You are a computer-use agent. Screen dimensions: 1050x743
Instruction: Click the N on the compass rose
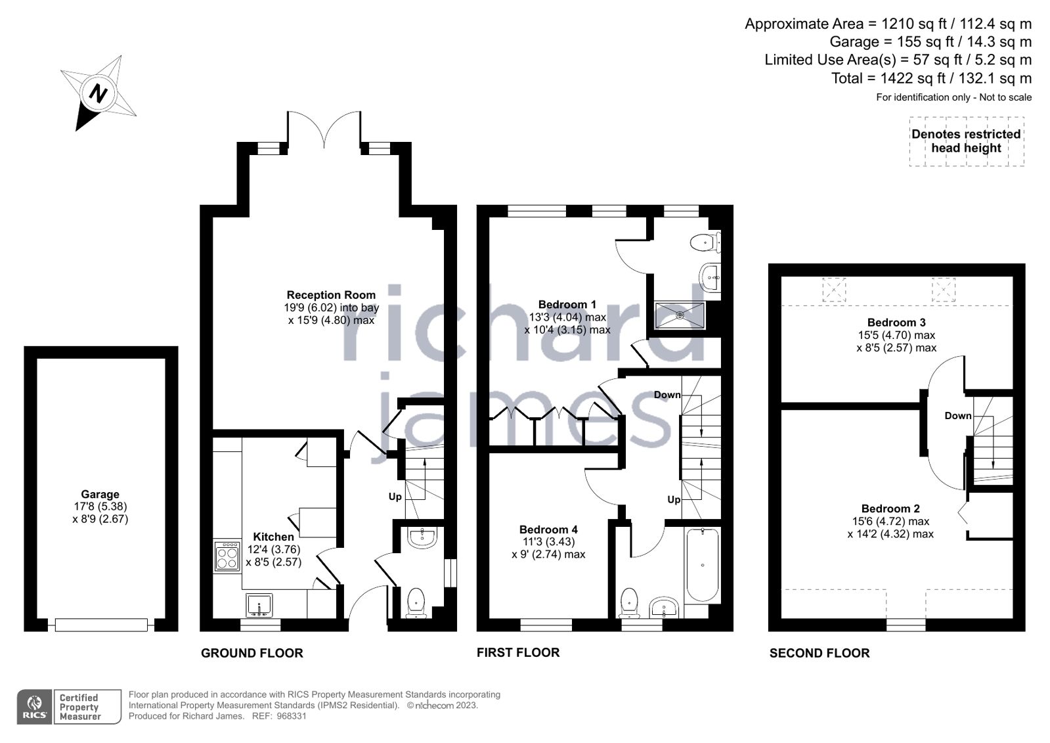[x=98, y=93]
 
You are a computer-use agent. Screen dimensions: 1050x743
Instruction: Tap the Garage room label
[x=100, y=494]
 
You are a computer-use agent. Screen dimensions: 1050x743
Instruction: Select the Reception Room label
[x=331, y=294]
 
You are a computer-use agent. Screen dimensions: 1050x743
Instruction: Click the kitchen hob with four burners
[x=227, y=556]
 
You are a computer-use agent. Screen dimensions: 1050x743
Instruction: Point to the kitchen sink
[x=259, y=605]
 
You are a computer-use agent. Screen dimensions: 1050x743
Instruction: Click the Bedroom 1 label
[x=567, y=304]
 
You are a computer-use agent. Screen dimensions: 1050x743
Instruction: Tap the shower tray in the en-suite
[x=680, y=315]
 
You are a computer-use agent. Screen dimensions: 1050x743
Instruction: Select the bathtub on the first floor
[x=702, y=565]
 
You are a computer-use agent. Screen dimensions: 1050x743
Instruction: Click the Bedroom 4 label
[x=548, y=529]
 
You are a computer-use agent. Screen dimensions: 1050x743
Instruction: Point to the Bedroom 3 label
[x=896, y=323]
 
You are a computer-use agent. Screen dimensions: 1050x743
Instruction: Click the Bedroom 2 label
[x=890, y=508]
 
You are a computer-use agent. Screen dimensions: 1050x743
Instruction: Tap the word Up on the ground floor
[x=395, y=497]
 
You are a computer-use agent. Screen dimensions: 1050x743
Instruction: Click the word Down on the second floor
[x=957, y=416]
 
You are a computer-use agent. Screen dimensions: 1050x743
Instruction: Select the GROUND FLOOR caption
[x=252, y=653]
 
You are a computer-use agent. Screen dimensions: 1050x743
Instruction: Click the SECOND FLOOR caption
[x=820, y=653]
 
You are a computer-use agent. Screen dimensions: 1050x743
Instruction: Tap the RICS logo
[x=35, y=707]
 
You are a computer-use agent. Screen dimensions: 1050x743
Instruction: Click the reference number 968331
[x=291, y=716]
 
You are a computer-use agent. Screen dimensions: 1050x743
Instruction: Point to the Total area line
[x=931, y=78]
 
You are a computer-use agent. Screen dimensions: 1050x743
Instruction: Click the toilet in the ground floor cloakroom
[x=416, y=603]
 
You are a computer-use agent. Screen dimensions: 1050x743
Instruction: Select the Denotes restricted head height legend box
[x=967, y=141]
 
